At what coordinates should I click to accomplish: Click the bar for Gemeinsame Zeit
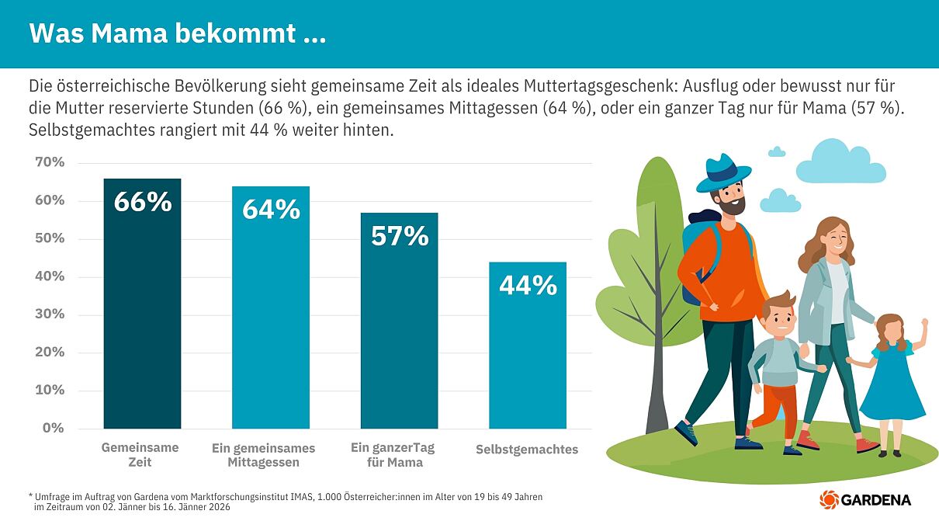click(142, 311)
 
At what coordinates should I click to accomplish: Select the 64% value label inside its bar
click(271, 210)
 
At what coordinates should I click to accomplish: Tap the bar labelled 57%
click(399, 326)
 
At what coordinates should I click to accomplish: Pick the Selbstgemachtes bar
click(528, 349)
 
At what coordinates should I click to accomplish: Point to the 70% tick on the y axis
click(50, 162)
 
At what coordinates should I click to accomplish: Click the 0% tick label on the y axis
click(53, 428)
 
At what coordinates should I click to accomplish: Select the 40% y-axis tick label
click(50, 276)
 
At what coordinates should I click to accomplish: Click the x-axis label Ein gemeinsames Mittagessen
click(263, 456)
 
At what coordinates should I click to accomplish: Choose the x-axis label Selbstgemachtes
click(527, 450)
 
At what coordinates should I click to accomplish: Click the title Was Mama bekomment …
click(178, 33)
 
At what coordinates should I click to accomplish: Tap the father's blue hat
click(723, 174)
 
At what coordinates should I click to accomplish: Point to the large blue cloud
click(840, 163)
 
